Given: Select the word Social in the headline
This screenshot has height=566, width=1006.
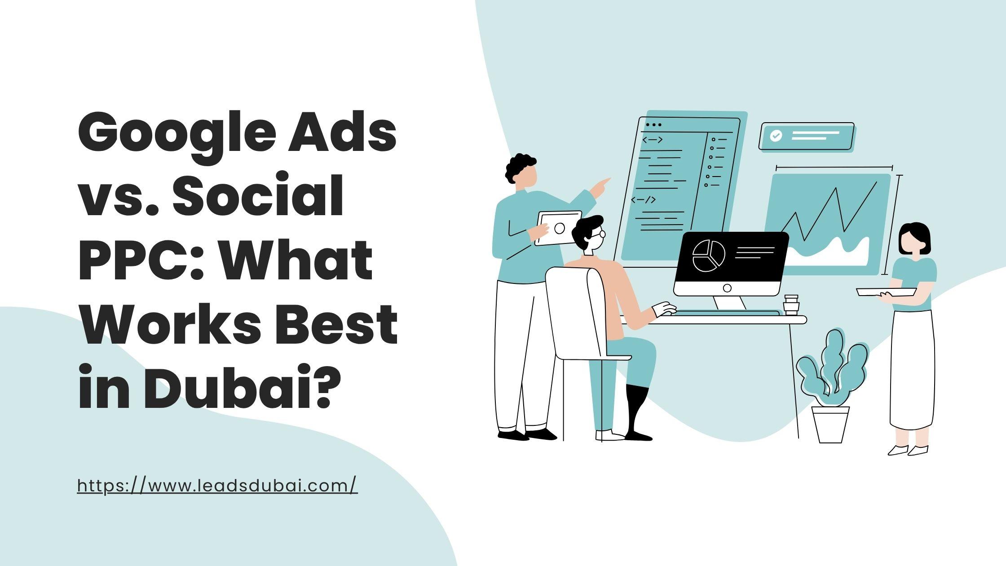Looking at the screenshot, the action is point(258,197).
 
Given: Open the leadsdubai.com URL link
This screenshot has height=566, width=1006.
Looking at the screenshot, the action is point(217,486).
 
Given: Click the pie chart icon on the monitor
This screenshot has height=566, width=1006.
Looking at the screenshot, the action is point(709,256).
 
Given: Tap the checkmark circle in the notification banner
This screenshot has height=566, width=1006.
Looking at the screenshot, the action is point(776,136).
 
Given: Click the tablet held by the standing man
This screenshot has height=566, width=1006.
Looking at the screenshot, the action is point(558,228).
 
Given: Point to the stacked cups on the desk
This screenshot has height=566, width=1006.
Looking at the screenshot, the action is point(791,305).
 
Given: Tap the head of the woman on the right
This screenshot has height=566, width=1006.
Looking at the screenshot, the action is point(914,239).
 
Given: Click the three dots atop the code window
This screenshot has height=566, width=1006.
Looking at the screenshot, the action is point(653,125).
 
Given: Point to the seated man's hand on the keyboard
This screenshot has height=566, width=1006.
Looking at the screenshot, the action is point(665,309).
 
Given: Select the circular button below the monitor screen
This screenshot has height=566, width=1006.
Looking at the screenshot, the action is point(727,288).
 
